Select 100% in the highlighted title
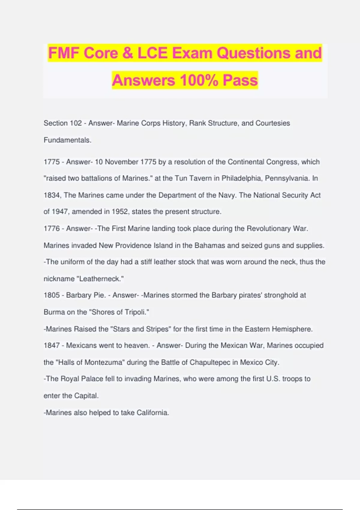(199, 80)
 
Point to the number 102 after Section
(76, 123)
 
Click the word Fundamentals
(67, 140)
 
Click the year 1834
(52, 195)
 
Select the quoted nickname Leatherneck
(100, 279)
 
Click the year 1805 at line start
(52, 295)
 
